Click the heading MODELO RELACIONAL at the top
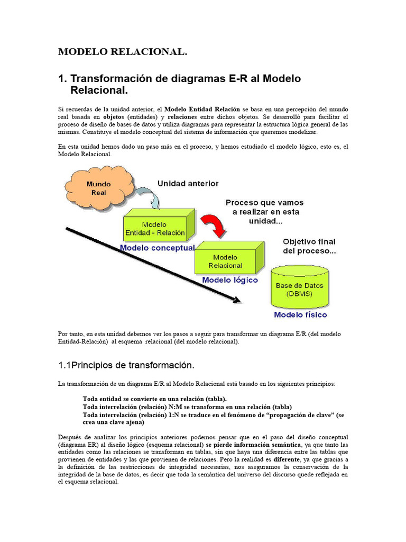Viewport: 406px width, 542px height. click(123, 52)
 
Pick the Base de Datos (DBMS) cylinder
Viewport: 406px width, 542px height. click(300, 289)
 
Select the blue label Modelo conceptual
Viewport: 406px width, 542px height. click(157, 247)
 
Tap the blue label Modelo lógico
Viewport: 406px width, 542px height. click(230, 279)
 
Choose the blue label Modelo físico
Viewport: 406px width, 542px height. click(300, 314)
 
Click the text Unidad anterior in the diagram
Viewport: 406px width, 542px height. click(188, 183)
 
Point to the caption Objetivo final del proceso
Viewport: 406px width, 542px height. click(309, 246)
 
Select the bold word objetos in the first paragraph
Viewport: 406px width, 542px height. click(114, 116)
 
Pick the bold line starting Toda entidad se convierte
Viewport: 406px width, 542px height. click(155, 399)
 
